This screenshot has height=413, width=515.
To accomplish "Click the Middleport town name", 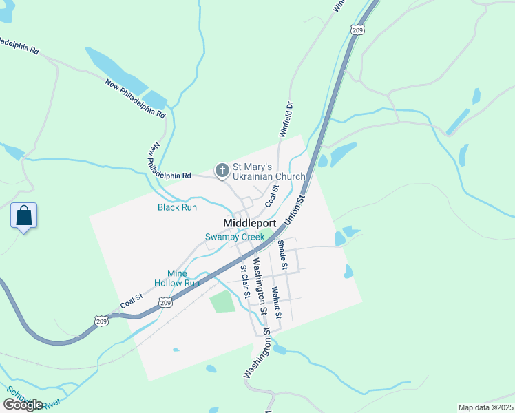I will (250, 224).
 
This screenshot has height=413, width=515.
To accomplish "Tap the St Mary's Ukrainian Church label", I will (269, 171).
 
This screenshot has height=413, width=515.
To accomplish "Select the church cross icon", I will (222, 170).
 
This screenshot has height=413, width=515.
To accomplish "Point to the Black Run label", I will (178, 207).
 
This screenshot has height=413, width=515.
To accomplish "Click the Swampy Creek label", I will (235, 237).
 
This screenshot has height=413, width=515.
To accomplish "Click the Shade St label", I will (282, 254).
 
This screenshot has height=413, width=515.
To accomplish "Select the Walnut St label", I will (277, 303).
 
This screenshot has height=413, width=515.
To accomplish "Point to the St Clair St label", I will (244, 282).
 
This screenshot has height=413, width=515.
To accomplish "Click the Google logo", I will (23, 405).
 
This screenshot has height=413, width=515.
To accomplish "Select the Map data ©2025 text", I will (486, 407).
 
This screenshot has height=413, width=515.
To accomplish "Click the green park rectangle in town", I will (222, 301).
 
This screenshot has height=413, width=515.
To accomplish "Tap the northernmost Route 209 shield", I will (357, 30).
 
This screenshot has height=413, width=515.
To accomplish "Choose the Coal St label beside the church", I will (272, 195).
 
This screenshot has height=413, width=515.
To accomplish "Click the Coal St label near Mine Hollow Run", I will (131, 300).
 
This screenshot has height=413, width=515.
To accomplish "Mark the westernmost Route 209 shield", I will (101, 321).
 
